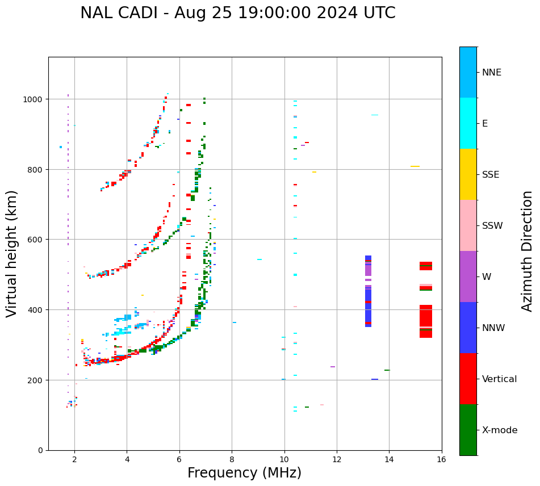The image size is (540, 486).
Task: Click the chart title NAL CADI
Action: [x=237, y=13]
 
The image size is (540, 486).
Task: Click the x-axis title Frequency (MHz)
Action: [x=244, y=473]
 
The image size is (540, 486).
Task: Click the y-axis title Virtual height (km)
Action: [x=12, y=253]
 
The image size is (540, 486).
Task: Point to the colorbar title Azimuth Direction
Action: [x=528, y=251]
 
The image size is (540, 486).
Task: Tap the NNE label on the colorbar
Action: [x=492, y=72]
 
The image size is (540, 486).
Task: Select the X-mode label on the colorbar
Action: [x=500, y=430]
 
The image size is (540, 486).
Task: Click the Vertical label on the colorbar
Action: [x=499, y=379]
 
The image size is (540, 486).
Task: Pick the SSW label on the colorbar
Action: [x=492, y=225]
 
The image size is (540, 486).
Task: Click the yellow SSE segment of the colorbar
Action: [x=468, y=174]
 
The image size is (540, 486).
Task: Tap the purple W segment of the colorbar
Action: [x=468, y=276]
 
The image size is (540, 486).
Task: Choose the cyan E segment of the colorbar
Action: [x=468, y=123]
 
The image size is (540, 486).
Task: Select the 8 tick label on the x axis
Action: [x=232, y=459]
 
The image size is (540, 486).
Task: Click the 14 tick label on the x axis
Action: [x=389, y=459]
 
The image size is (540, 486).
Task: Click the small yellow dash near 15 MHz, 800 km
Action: [x=415, y=166]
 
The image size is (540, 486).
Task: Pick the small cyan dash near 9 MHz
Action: [x=259, y=259]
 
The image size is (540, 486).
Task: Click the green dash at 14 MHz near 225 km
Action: [x=387, y=370]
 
